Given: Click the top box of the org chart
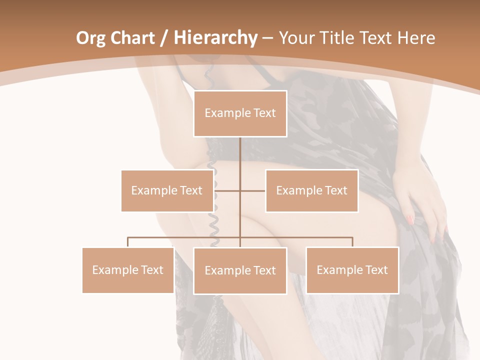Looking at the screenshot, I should click(240, 113).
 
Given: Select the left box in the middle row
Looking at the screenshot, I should click(167, 190).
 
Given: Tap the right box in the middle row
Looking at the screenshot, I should click(311, 190).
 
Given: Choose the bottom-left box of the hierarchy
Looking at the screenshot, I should click(128, 270).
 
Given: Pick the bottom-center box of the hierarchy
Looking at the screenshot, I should click(240, 270).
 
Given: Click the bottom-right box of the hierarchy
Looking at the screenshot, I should click(352, 270).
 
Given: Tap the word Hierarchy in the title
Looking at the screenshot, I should click(215, 38).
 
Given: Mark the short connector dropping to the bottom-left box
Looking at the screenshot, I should click(128, 242).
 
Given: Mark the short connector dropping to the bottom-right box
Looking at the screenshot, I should click(352, 242).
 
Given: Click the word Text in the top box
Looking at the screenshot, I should click(263, 113).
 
